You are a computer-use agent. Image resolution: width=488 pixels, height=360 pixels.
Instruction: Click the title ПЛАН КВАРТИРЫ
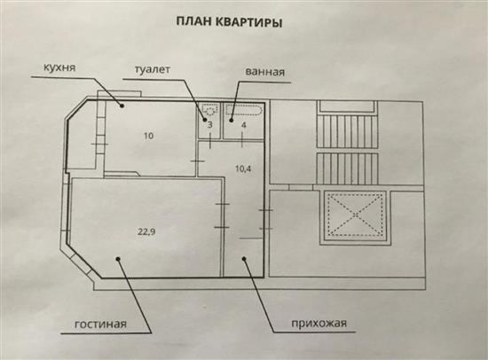[229, 22]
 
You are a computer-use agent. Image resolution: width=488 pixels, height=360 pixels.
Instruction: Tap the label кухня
[59, 67]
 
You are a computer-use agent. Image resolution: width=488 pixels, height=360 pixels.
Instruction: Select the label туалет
[153, 69]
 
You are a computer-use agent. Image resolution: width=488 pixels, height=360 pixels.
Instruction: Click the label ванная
[265, 72]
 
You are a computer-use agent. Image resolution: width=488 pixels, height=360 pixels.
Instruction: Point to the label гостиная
[100, 325]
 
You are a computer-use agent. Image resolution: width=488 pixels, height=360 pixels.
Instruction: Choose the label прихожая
[319, 324]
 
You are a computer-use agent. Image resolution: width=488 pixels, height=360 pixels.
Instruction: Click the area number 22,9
[146, 231]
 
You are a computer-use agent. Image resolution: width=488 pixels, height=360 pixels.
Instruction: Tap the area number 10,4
[243, 169]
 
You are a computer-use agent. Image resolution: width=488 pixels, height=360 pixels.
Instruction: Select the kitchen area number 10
[148, 136]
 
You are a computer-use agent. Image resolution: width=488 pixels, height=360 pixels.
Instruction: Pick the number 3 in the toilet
[209, 125]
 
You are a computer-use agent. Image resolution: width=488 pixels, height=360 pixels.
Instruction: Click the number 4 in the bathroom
[244, 125]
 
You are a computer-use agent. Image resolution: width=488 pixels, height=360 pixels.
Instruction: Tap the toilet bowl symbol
[209, 109]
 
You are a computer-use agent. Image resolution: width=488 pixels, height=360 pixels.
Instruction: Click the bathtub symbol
[244, 111]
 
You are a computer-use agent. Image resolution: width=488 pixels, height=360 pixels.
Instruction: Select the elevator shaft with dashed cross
[356, 214]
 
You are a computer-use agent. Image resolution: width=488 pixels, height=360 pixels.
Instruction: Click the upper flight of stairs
[348, 131]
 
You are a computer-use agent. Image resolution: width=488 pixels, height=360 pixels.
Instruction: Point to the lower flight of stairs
[348, 168]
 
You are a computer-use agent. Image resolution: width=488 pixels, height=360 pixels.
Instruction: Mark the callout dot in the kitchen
[122, 106]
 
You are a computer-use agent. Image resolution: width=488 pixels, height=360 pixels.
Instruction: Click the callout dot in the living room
[118, 258]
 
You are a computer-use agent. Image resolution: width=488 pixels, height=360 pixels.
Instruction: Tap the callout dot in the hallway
[244, 258]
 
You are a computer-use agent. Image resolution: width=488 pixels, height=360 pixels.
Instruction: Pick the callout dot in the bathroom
[232, 120]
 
